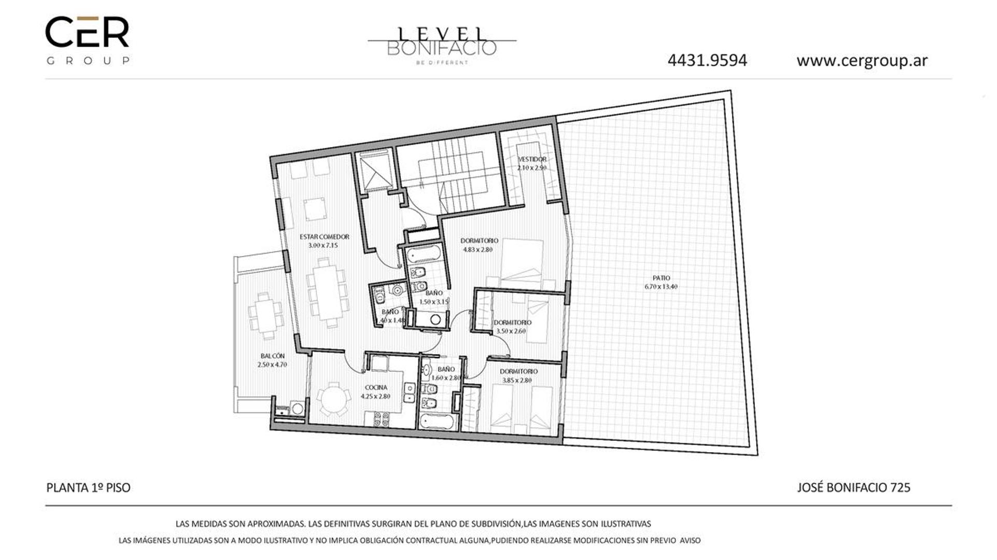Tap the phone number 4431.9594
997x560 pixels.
tap(707, 61)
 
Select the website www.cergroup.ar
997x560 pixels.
tap(862, 61)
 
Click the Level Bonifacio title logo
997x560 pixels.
tap(442, 45)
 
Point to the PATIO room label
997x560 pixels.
tap(661, 278)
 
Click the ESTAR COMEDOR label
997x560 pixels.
tap(324, 237)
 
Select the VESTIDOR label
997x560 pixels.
tap(532, 159)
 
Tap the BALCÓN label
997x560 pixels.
tap(272, 356)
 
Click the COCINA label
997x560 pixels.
tap(375, 387)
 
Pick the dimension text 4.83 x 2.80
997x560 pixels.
tap(478, 249)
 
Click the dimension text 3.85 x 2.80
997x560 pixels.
tap(517, 380)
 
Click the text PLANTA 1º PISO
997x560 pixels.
tap(88, 487)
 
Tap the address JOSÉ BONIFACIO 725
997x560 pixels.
tap(853, 487)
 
